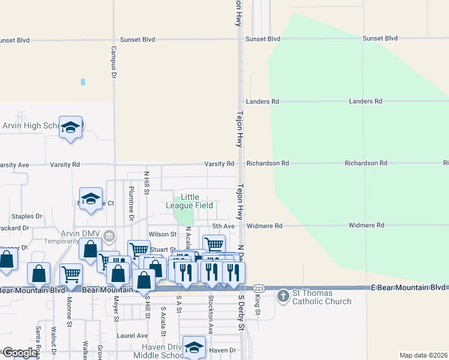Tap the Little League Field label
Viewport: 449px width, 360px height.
pyautogui.click(x=190, y=201)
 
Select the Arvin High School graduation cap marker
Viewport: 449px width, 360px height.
pyautogui.click(x=70, y=127)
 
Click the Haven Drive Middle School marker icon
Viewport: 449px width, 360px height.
pyautogui.click(x=194, y=347)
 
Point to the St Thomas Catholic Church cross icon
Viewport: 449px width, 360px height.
pyautogui.click(x=283, y=296)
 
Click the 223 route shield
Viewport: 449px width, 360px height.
pyautogui.click(x=259, y=288)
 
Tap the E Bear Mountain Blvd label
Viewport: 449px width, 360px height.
pyautogui.click(x=408, y=287)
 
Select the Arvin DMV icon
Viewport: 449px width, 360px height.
pyautogui.click(x=109, y=235)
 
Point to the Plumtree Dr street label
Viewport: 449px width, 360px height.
pyautogui.click(x=130, y=201)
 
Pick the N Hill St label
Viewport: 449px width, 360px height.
pyautogui.click(x=146, y=183)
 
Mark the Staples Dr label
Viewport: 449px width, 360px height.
pyautogui.click(x=27, y=216)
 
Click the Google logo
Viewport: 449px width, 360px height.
pyautogui.click(x=20, y=353)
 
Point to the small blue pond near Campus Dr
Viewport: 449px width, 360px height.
pyautogui.click(x=83, y=82)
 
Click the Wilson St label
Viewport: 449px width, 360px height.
pyautogui.click(x=162, y=235)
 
